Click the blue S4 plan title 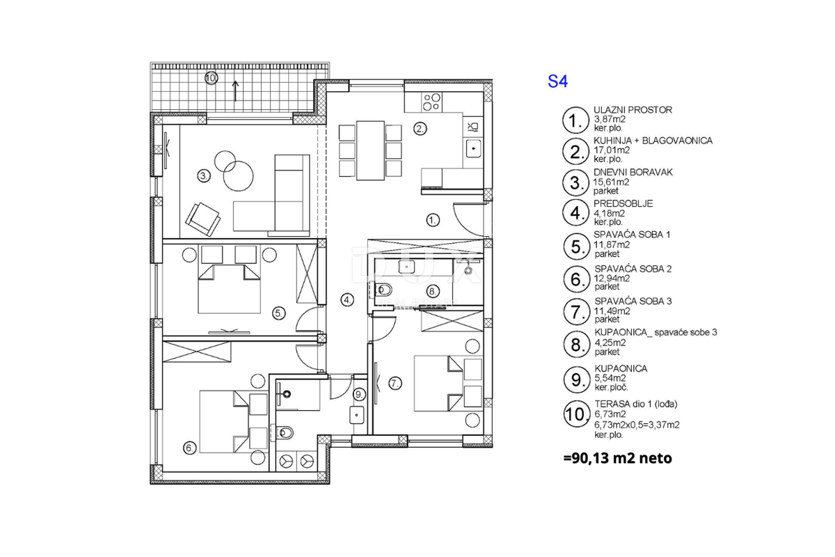(558, 81)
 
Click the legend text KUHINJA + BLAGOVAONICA (653, 141)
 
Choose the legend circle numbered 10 (574, 416)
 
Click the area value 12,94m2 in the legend (612, 277)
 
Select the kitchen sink (473, 148)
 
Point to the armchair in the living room (202, 218)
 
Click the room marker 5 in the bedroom (278, 313)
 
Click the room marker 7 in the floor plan (395, 382)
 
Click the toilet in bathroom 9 (285, 433)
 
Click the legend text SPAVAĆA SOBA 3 (633, 301)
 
